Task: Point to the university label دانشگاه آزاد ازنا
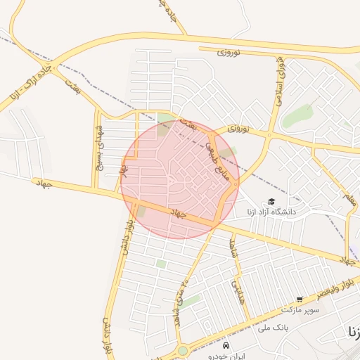(x=271, y=212)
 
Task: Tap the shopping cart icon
(x=300, y=300)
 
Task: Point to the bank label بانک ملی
(x=274, y=327)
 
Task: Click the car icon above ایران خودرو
(x=226, y=346)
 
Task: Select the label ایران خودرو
(x=226, y=356)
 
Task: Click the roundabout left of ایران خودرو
(x=183, y=349)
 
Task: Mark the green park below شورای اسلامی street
(x=298, y=115)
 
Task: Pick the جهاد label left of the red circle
(x=44, y=183)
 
